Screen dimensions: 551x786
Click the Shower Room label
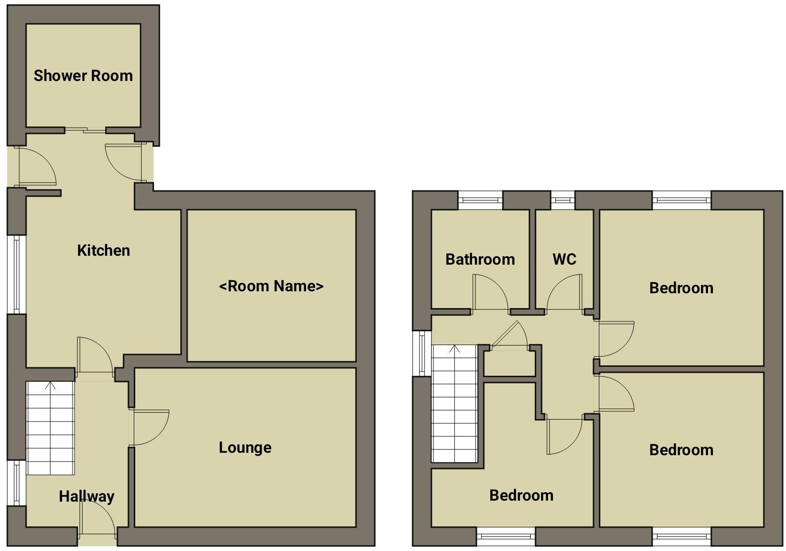[x=83, y=76]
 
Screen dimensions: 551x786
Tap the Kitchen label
[x=104, y=250]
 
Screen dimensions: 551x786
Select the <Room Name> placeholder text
[x=272, y=286]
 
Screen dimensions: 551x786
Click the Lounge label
[x=245, y=448]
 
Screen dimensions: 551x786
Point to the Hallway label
[x=86, y=496]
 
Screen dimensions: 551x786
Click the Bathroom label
[x=480, y=259]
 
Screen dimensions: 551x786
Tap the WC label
[x=564, y=259]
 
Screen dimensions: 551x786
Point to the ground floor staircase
[x=50, y=428]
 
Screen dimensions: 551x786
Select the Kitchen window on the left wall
[x=16, y=275]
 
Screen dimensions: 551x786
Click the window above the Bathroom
[x=480, y=200]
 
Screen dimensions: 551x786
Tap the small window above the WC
[x=563, y=200]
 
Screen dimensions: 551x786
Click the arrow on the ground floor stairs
[x=50, y=385]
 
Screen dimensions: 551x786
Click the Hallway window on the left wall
[x=16, y=483]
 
